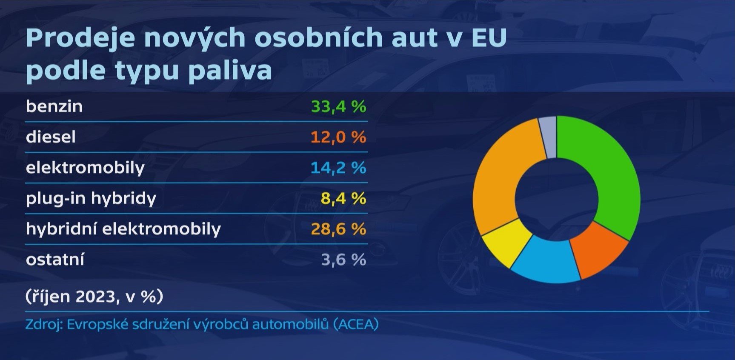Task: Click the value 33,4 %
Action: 338,106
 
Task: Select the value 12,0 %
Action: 338,137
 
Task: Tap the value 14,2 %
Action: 338,168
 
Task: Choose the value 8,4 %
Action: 343,198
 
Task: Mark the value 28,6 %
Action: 338,229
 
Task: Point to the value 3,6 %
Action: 343,260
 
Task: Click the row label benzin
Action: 54,106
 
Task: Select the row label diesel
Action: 51,137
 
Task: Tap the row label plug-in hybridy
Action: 91,199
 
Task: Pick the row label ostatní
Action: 55,260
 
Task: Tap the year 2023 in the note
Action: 95,296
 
